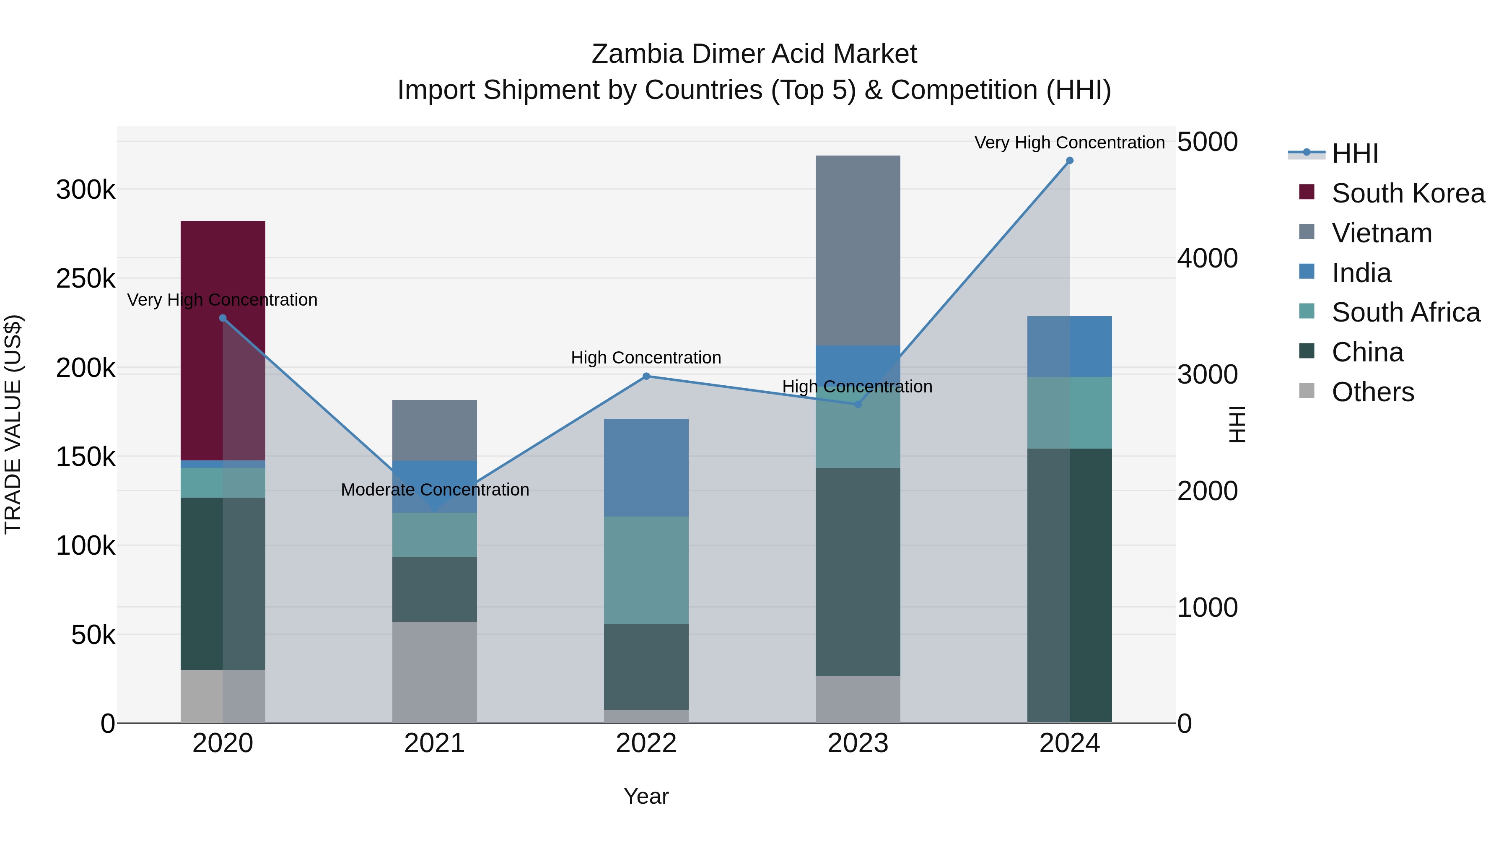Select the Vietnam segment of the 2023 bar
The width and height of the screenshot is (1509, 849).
(x=858, y=250)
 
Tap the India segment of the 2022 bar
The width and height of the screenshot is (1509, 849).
(x=646, y=467)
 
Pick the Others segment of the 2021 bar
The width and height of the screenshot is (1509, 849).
(x=434, y=672)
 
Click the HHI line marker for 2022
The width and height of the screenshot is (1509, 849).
(x=646, y=376)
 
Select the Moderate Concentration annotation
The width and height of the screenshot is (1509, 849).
(x=435, y=489)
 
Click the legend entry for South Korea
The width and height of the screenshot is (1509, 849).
(x=1408, y=193)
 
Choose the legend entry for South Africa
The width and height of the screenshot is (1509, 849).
(x=1405, y=312)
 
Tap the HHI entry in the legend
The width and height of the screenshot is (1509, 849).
(x=1354, y=153)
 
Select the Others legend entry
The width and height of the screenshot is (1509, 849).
(x=1372, y=392)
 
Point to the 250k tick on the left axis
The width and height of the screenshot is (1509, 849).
(x=86, y=279)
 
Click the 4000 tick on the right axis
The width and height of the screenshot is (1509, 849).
(x=1207, y=258)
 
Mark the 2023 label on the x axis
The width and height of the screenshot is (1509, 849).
(x=858, y=743)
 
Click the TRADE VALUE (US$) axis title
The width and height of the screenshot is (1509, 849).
(x=13, y=424)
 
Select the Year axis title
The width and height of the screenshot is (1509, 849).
(x=646, y=796)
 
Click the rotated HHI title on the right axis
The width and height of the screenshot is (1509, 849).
(x=1237, y=424)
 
